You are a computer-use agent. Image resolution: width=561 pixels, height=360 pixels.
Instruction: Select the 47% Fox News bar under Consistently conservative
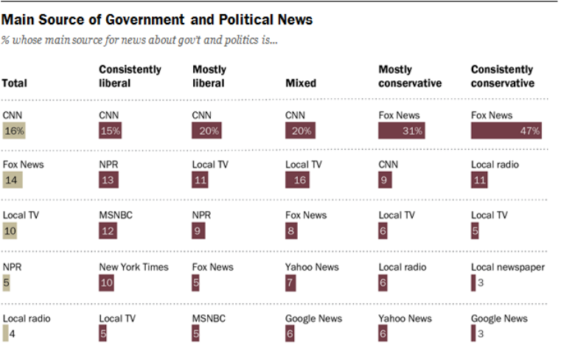coord(507,131)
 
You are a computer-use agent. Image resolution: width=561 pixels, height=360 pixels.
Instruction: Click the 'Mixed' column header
coord(300,83)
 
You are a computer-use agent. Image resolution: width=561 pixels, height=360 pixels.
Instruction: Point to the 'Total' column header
coord(15,83)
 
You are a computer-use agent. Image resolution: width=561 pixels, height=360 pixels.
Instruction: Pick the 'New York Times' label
coord(133,266)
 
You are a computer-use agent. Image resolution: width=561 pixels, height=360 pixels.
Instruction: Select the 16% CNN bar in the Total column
coord(14,131)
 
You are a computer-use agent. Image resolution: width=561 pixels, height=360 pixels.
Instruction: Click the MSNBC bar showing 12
coord(108,230)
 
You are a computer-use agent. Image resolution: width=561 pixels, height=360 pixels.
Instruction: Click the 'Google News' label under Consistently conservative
coord(499,318)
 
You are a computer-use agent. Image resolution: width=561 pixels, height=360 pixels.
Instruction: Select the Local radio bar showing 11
coord(480,179)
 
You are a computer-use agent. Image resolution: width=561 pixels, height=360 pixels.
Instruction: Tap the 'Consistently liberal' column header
coord(130,76)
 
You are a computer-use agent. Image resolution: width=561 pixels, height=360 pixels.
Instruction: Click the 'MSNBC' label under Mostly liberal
coord(208,318)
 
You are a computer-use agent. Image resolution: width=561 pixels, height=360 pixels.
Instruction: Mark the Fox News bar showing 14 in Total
coord(13,179)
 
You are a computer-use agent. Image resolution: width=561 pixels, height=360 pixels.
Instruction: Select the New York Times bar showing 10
coord(106,282)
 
